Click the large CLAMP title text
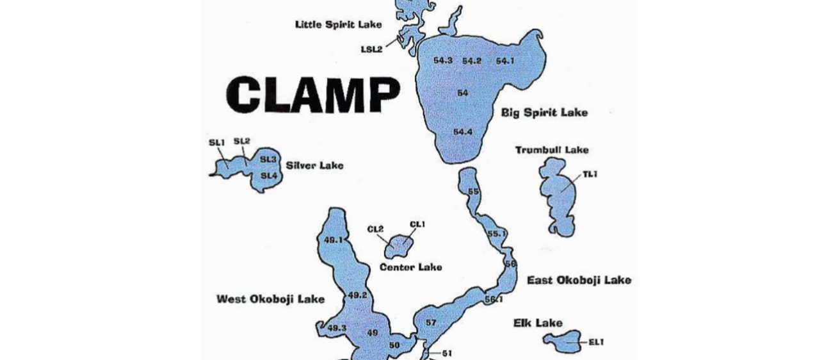tap(313, 95)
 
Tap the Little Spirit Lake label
tap(338, 24)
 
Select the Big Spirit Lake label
tap(544, 113)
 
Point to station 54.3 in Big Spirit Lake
tap(443, 60)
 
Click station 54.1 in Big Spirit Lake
tap(505, 61)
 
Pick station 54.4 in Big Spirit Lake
tap(463, 132)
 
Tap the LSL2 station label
tap(371, 49)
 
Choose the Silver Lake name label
tap(314, 165)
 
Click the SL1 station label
tap(217, 142)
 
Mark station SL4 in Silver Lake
tap(269, 175)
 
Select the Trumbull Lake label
tap(552, 150)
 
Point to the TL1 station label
tap(590, 174)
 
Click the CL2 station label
tap(375, 229)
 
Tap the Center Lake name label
tap(410, 267)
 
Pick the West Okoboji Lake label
tap(270, 299)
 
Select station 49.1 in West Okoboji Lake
tap(334, 240)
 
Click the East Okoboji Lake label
tap(579, 280)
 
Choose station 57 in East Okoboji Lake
tap(431, 322)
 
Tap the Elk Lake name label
tap(538, 323)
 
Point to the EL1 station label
tap(595, 342)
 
